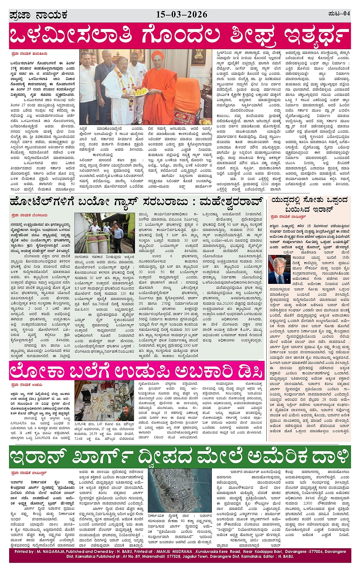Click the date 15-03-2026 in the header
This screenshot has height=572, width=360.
click(182, 15)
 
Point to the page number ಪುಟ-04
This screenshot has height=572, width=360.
click(339, 14)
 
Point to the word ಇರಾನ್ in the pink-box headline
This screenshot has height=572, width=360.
click(322, 210)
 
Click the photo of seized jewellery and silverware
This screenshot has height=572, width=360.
click(104, 399)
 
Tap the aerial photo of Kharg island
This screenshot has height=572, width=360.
click(179, 490)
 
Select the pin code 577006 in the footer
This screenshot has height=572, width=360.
click(304, 551)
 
